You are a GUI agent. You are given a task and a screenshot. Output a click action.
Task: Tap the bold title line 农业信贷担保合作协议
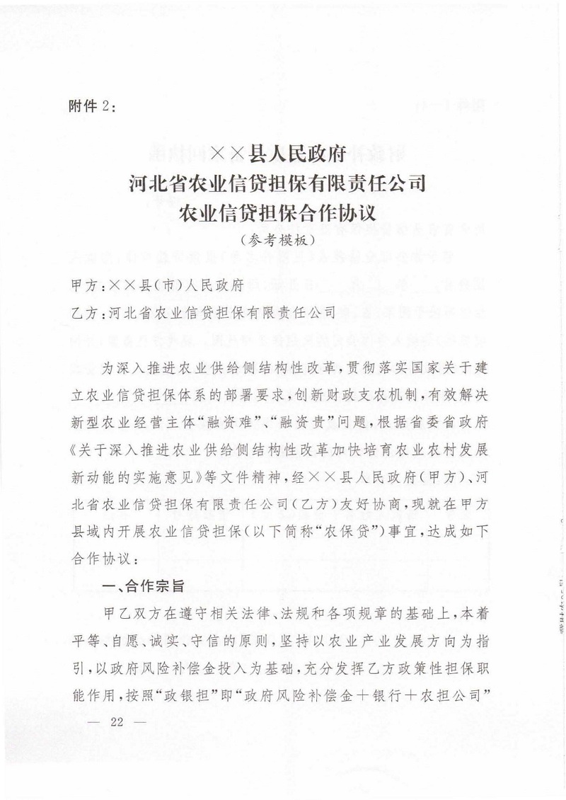tap(282, 210)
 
